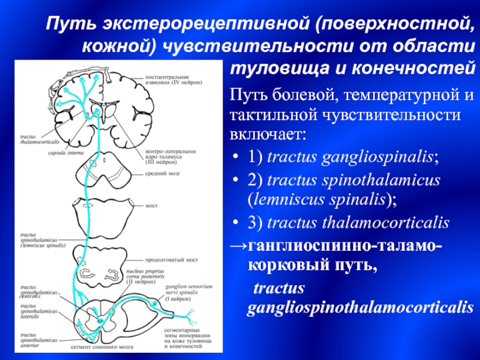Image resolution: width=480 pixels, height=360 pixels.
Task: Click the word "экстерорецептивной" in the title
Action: pos(204,25)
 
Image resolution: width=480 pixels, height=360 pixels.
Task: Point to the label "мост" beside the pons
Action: pos(151,205)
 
